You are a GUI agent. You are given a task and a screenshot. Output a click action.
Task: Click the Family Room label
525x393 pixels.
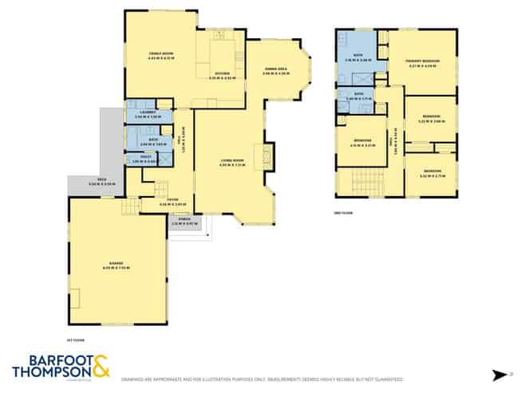160,54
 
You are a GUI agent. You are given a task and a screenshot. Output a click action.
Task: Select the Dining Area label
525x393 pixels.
277,69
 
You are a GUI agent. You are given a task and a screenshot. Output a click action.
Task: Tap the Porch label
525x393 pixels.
184,222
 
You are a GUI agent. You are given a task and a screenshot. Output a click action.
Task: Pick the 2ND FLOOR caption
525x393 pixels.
343,213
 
